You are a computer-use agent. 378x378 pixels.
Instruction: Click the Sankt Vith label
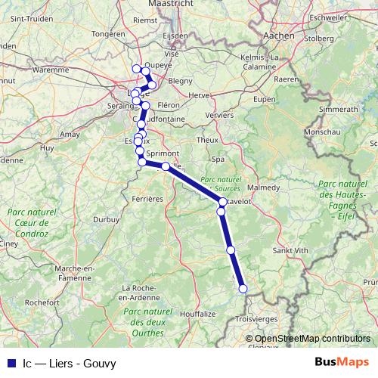pos(290,250)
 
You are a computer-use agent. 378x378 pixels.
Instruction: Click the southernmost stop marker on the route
pos(243,288)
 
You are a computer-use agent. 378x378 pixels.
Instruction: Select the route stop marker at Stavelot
pos(223,202)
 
